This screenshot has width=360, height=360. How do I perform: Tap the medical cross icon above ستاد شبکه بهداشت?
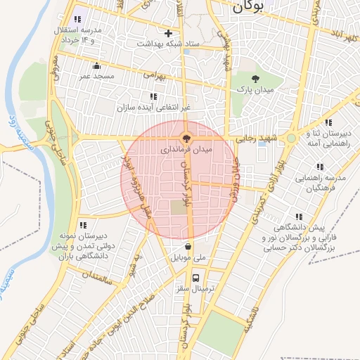tap(167, 33)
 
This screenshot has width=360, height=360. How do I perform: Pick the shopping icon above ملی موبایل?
tap(188, 247)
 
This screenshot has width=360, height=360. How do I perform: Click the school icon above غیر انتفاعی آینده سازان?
tap(153, 96)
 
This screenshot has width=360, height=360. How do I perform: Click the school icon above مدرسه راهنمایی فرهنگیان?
tap(321, 167)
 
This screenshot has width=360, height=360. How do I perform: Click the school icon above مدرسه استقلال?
tap(77, 19)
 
